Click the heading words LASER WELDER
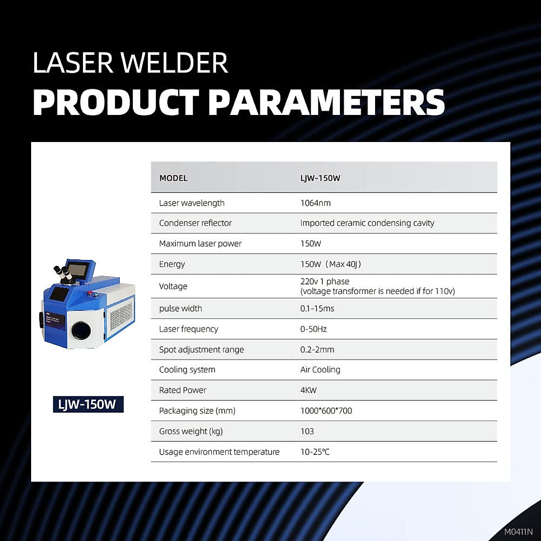point(130,63)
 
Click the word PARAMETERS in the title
point(326,102)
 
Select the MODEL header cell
point(173,178)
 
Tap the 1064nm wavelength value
point(315,203)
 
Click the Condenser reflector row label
point(195,223)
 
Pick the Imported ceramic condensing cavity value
point(367,223)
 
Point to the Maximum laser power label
point(200,243)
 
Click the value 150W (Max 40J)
point(330,264)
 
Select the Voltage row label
point(173,286)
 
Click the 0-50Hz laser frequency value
point(313,329)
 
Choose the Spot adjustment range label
point(201,349)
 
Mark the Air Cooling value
point(320,370)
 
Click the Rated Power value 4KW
point(308,390)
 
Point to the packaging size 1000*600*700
point(326,411)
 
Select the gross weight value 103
point(307,431)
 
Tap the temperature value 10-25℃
point(315,452)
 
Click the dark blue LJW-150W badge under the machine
point(88,404)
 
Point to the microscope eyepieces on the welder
point(62,272)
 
